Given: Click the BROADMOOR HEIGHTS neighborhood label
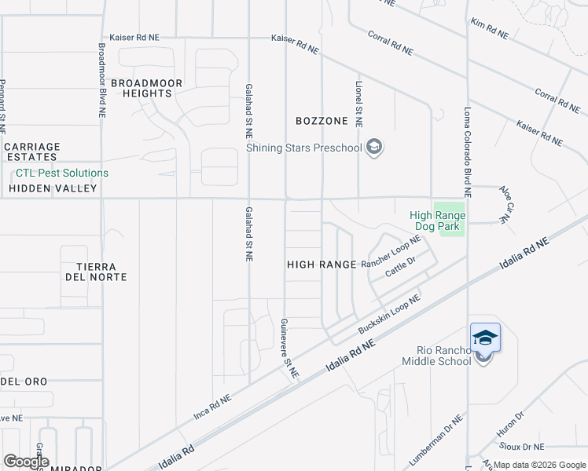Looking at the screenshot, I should [147, 88].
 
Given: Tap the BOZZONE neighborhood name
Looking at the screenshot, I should [322, 121].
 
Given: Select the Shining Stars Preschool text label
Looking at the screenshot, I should [303, 148].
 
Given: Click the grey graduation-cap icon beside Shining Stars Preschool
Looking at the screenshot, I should [375, 147].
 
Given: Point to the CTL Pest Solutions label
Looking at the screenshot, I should [62, 173].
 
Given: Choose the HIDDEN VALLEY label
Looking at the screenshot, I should [53, 188].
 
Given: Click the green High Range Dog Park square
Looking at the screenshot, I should [449, 217].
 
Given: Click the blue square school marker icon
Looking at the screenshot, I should [485, 338].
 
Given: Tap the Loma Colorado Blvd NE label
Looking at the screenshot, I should [467, 152].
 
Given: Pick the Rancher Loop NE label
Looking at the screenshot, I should [391, 254].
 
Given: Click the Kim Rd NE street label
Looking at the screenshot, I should [489, 29].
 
